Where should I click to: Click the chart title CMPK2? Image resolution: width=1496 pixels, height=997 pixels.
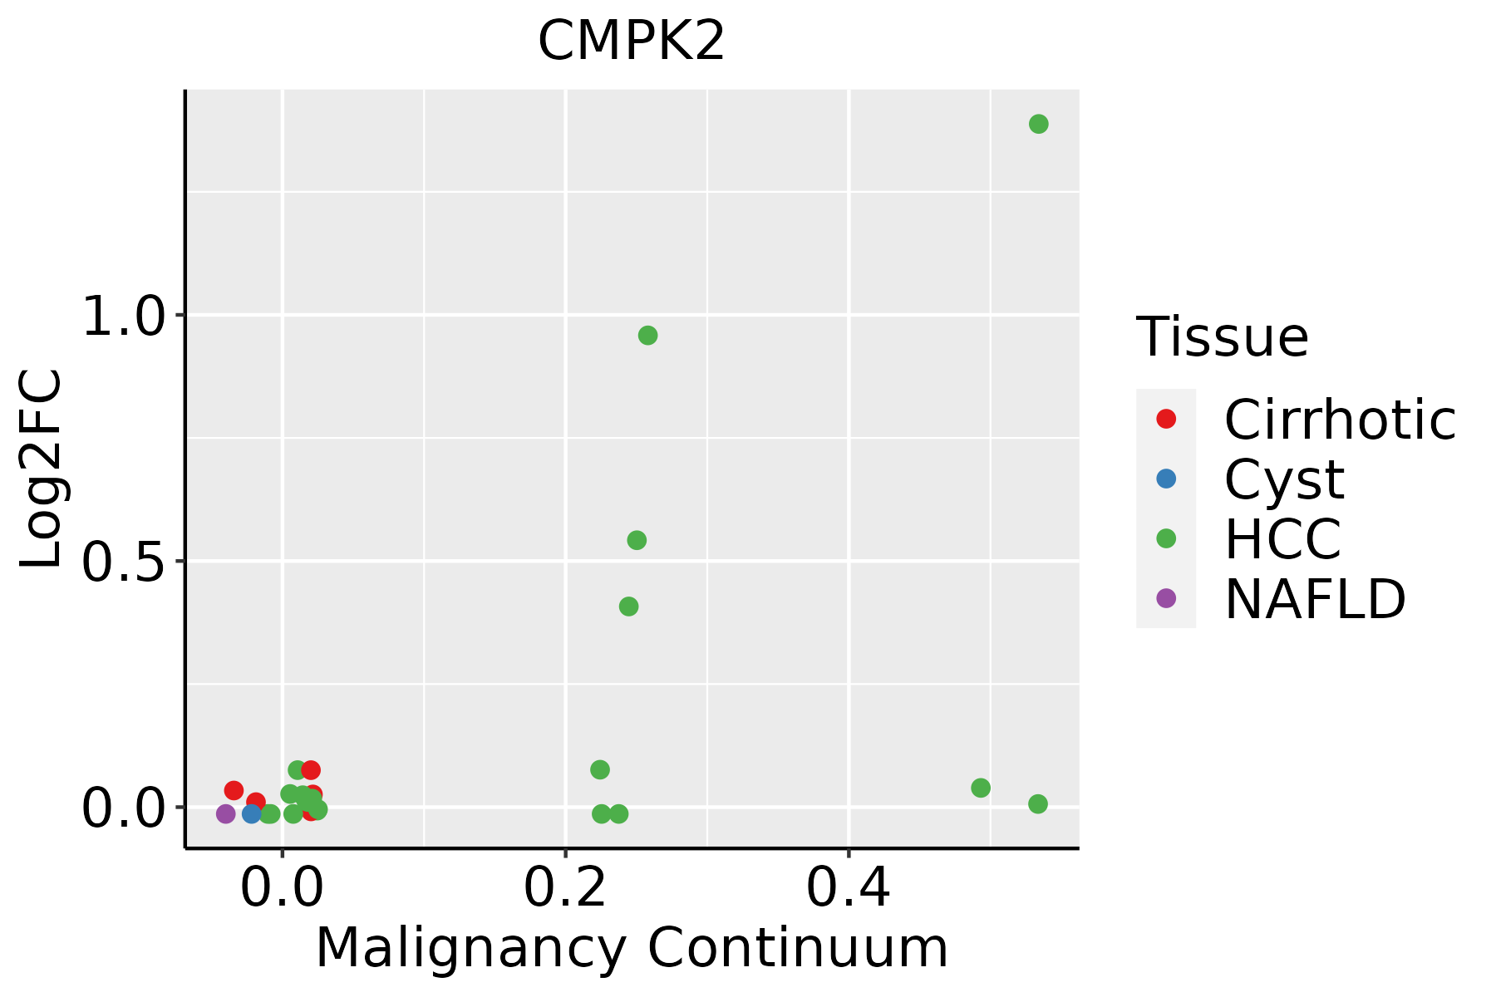[x=632, y=42]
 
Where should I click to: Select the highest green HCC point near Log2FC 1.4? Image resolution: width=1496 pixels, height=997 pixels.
[x=1038, y=125]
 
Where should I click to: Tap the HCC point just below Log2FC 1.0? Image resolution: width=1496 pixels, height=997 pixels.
[x=647, y=336]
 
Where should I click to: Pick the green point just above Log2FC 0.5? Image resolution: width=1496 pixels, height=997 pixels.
[x=637, y=541]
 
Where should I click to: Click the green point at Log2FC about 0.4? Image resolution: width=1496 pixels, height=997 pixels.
[x=629, y=607]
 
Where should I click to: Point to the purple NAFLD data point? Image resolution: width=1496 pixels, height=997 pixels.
[x=225, y=814]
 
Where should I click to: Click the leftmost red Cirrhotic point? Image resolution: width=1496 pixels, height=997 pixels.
[x=234, y=790]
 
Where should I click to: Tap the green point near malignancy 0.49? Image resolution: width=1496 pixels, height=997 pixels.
[x=981, y=788]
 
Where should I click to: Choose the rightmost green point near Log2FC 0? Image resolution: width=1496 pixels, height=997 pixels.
[x=1037, y=804]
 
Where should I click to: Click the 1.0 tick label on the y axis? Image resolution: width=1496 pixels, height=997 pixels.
[x=122, y=317]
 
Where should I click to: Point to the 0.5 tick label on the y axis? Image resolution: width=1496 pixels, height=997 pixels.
[x=122, y=562]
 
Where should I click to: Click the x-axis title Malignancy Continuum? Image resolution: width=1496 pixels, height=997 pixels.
[x=632, y=948]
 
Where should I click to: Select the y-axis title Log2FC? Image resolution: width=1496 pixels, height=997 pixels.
[x=42, y=469]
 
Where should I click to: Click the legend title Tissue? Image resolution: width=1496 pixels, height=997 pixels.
[x=1222, y=337]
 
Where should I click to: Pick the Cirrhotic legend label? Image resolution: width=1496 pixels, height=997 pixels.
[x=1339, y=420]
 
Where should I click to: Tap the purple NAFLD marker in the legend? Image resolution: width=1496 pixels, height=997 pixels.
[x=1166, y=597]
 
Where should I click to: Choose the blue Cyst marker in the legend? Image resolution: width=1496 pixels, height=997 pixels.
[x=1166, y=479]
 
